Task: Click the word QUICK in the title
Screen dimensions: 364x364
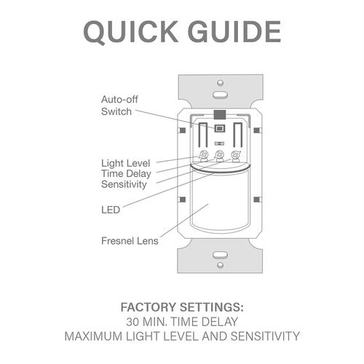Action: (131, 32)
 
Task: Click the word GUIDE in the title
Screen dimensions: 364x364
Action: (234, 32)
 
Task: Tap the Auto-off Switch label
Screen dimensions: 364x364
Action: (119, 106)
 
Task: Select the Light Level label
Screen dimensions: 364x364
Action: (125, 163)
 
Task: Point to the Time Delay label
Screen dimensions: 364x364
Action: (126, 174)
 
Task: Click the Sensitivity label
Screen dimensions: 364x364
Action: (124, 184)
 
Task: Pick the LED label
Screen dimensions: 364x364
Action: (111, 210)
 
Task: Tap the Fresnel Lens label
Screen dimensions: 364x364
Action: (130, 241)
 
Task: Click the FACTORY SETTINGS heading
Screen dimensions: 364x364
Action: (182, 307)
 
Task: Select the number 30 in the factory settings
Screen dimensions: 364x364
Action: (132, 322)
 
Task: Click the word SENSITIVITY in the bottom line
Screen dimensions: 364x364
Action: (265, 336)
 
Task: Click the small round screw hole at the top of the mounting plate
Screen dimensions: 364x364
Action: (221, 82)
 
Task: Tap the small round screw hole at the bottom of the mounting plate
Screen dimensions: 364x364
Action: (221, 265)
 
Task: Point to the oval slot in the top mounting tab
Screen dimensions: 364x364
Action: (221, 95)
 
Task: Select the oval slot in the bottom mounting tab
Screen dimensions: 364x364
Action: (221, 255)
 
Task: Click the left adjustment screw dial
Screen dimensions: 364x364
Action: (204, 155)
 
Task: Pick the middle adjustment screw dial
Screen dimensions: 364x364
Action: (219, 155)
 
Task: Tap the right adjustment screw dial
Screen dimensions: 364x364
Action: (236, 155)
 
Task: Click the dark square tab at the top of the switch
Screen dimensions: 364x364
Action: (220, 114)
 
